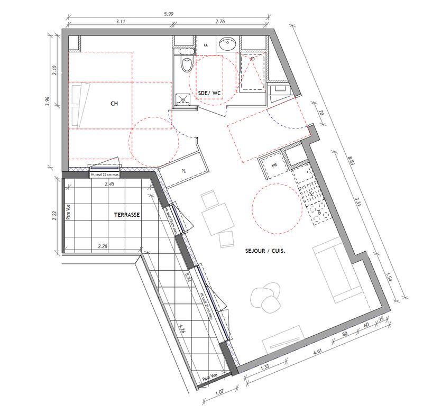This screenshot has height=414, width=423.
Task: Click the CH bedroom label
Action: coord(113,104)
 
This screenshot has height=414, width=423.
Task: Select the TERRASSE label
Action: coord(127,215)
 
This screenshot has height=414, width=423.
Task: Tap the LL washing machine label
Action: coord(206,45)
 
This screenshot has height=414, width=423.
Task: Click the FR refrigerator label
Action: coord(274,165)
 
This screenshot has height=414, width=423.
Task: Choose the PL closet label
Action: coord(183,171)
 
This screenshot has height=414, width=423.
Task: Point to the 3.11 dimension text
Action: coord(120,23)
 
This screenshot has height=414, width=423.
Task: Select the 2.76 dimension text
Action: coord(222,23)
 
